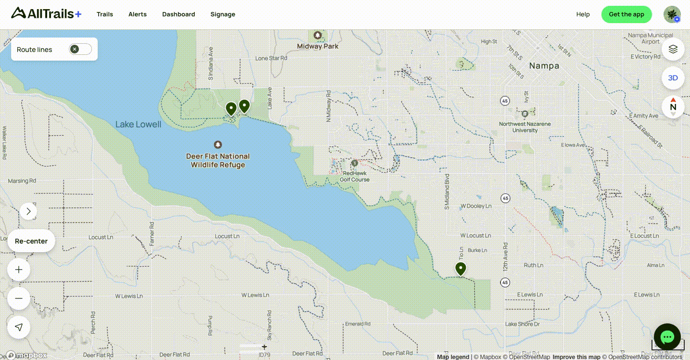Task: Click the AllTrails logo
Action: coord(46,14)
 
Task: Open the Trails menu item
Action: coord(104,14)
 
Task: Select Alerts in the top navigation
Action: coord(137,14)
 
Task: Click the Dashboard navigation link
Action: coord(179,14)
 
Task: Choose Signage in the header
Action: coord(223,14)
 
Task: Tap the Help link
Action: coord(583,14)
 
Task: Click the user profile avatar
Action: coord(672,14)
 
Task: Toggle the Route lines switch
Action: coord(80,49)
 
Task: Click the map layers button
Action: coord(673,49)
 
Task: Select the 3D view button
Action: coord(673,78)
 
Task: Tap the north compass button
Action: coord(673,107)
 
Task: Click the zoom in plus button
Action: coord(19,270)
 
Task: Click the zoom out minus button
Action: coord(19,298)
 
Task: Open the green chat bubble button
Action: coord(667,337)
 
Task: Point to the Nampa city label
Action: coord(544,66)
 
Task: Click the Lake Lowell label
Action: coord(138,125)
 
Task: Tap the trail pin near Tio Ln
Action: coord(460,269)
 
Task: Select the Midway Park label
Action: coord(318,46)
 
